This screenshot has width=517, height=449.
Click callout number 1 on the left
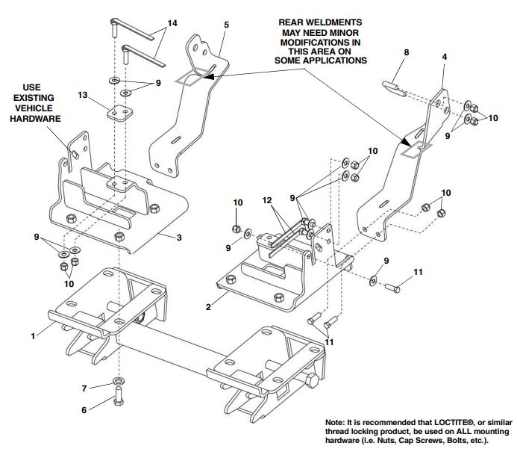coord(33,337)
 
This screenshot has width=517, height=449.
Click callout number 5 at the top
coord(226,25)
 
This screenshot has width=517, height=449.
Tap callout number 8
coord(406,52)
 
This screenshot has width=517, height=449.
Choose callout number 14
coord(172,25)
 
